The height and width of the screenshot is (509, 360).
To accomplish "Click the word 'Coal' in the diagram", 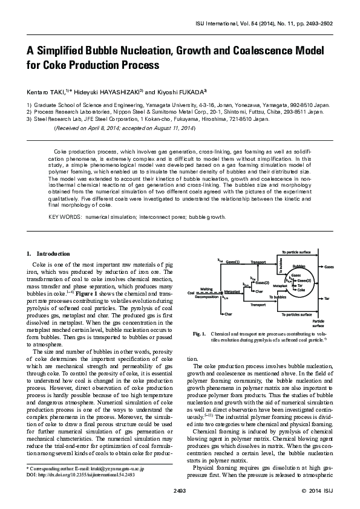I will click(x=191, y=293).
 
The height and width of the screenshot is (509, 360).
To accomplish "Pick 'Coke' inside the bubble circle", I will click(x=301, y=290).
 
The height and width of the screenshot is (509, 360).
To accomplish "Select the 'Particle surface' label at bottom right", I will click(x=319, y=323).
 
